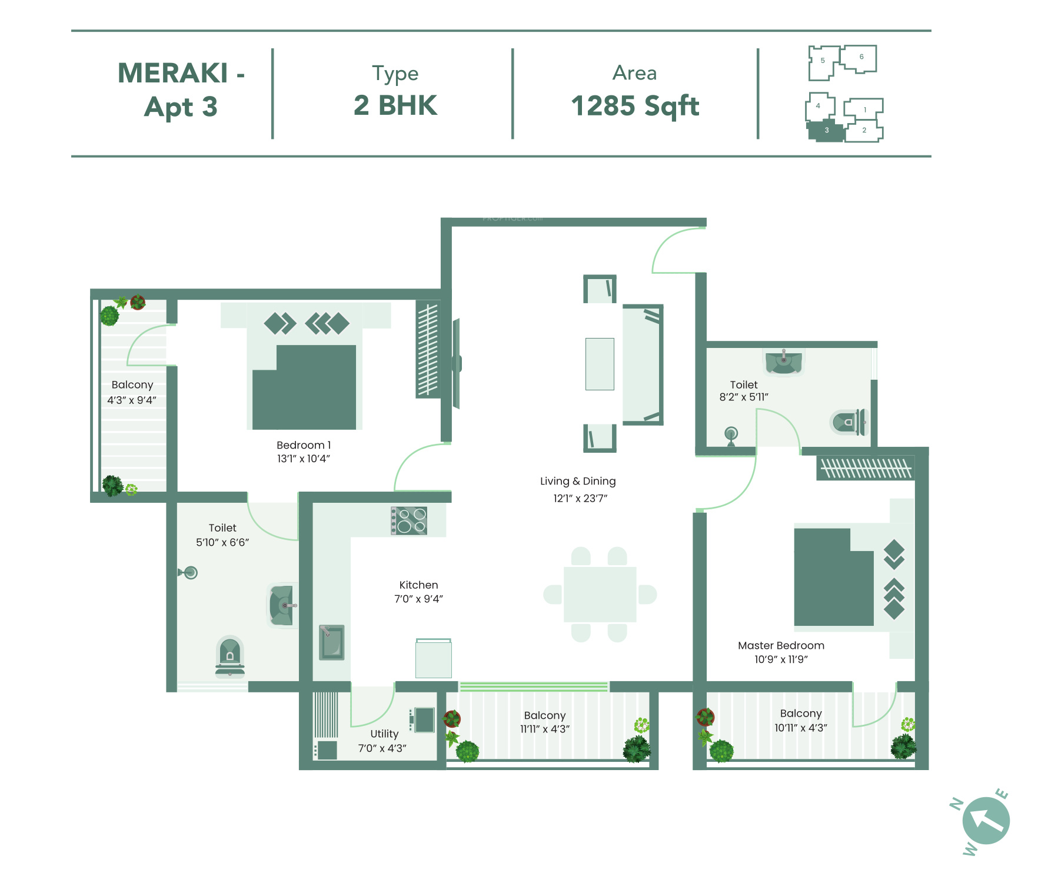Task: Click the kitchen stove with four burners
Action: (409, 520)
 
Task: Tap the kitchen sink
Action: (332, 642)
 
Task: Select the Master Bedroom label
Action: (781, 645)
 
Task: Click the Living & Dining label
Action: (578, 481)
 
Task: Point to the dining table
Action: (600, 594)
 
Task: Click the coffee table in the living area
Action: (600, 364)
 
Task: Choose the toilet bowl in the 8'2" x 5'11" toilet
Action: (849, 422)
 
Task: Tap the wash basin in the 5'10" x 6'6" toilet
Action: (282, 605)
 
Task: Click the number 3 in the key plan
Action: (827, 130)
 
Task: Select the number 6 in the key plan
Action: (861, 57)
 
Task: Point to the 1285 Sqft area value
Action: (635, 106)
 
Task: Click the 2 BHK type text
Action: (395, 105)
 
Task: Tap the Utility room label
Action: (384, 734)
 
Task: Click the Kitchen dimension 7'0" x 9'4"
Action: (418, 599)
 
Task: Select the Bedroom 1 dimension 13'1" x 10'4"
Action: (304, 459)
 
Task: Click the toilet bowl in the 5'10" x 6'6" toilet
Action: (230, 656)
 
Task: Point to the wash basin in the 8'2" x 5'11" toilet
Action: (784, 361)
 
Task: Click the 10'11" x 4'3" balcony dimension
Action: (801, 728)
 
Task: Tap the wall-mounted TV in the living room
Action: (457, 364)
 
